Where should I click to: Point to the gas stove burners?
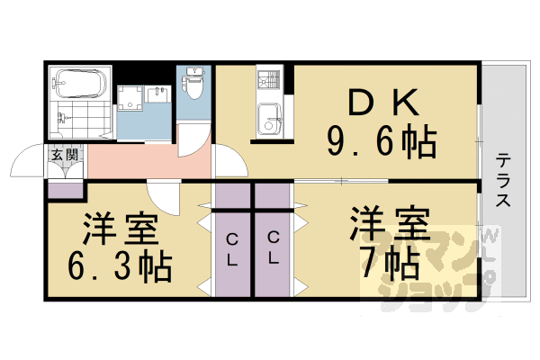269,80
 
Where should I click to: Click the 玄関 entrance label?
64,155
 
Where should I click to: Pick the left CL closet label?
232,249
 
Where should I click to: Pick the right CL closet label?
273,249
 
